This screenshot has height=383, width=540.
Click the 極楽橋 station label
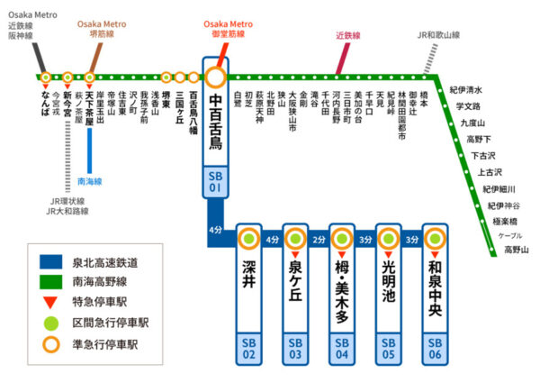click(504, 220)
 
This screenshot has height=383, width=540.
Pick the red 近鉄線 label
click(347, 36)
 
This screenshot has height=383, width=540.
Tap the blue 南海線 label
click(90, 181)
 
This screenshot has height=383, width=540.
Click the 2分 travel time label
click(319, 240)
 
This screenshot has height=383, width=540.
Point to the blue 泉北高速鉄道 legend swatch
click(53, 262)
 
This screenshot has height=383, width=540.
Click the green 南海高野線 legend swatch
click(53, 281)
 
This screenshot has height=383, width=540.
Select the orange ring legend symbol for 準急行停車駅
click(53, 342)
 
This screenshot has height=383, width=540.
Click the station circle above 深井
click(248, 240)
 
